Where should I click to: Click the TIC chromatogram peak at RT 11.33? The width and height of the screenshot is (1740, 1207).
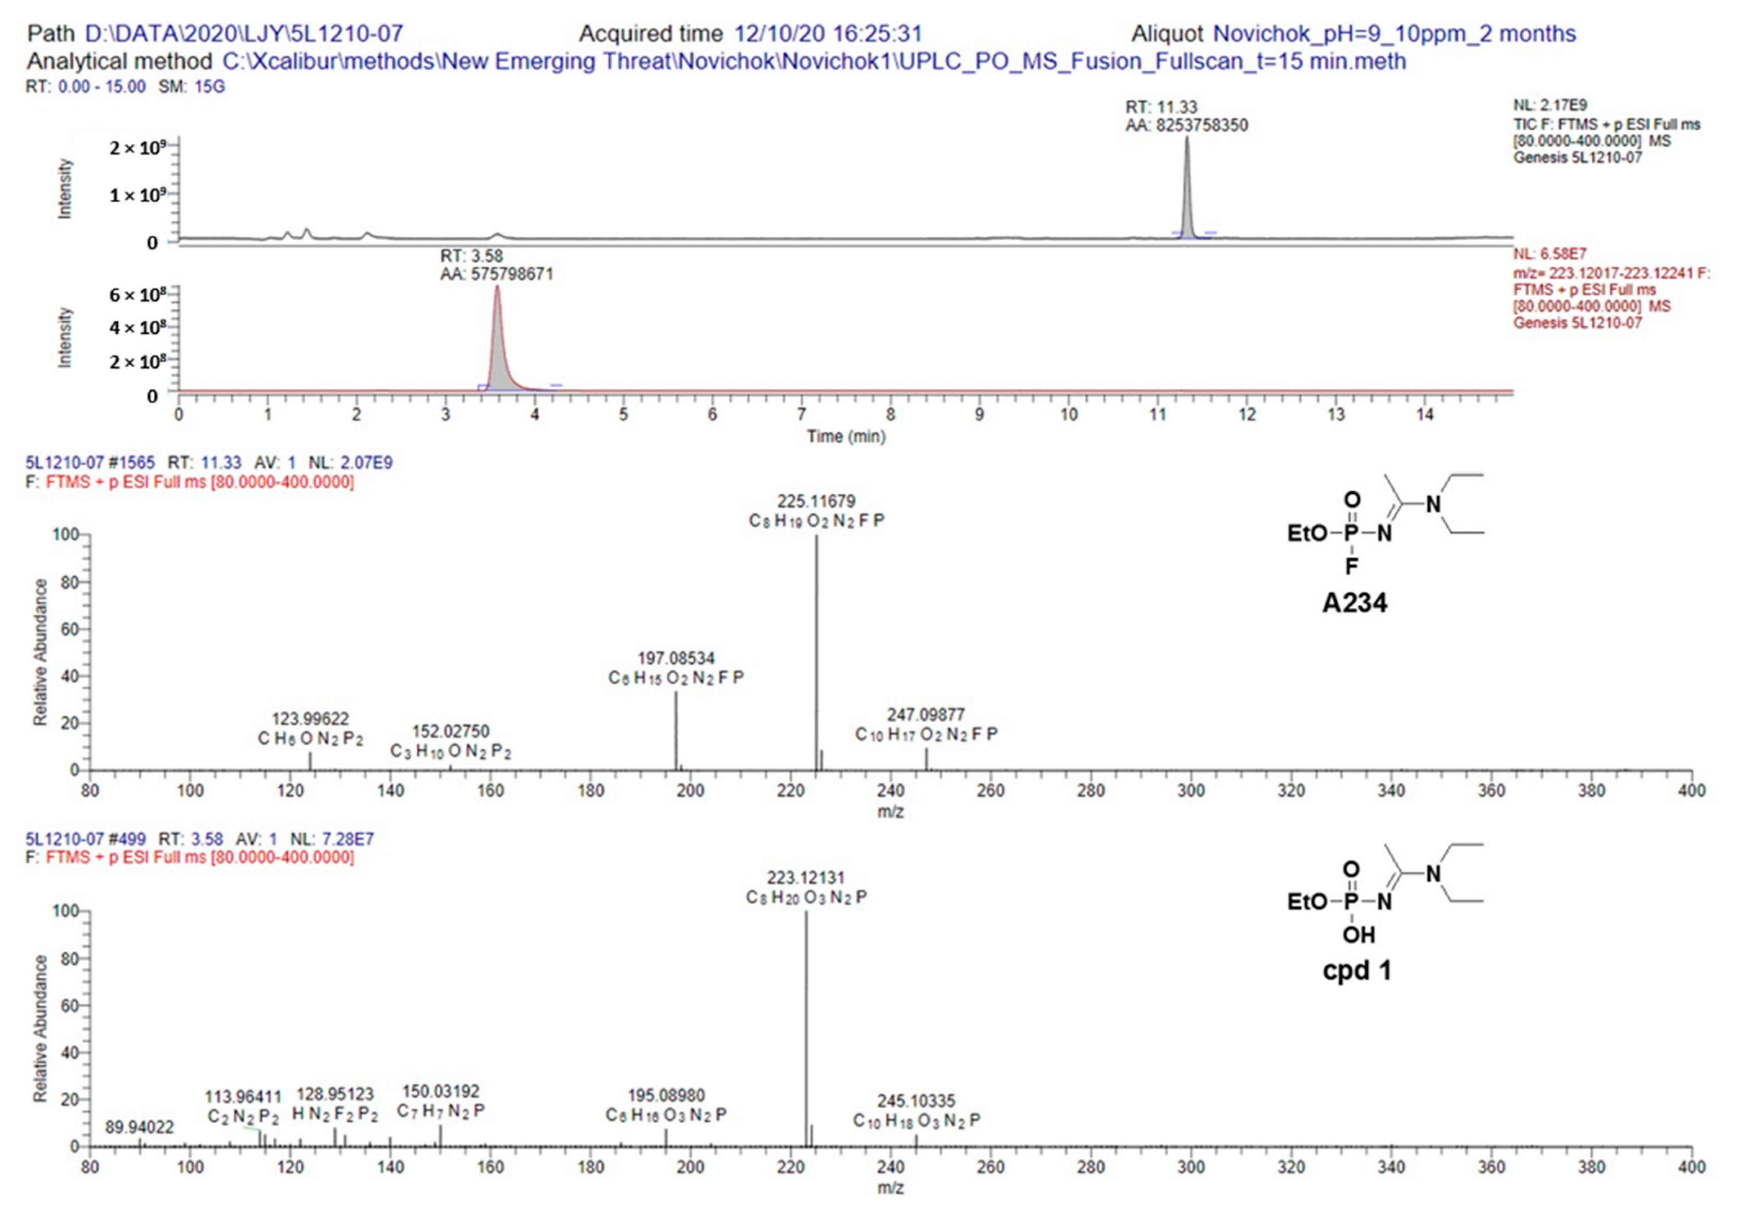[1186, 189]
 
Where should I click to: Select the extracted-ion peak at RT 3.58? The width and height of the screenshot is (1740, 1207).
[498, 340]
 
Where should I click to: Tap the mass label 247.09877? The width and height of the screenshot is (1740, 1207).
[926, 715]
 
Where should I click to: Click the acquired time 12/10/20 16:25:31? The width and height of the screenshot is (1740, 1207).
[828, 34]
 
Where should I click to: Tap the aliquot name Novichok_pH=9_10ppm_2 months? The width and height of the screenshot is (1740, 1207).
[1394, 34]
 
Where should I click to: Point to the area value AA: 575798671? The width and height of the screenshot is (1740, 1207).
[497, 274]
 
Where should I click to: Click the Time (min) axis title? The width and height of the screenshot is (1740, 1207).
[845, 436]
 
